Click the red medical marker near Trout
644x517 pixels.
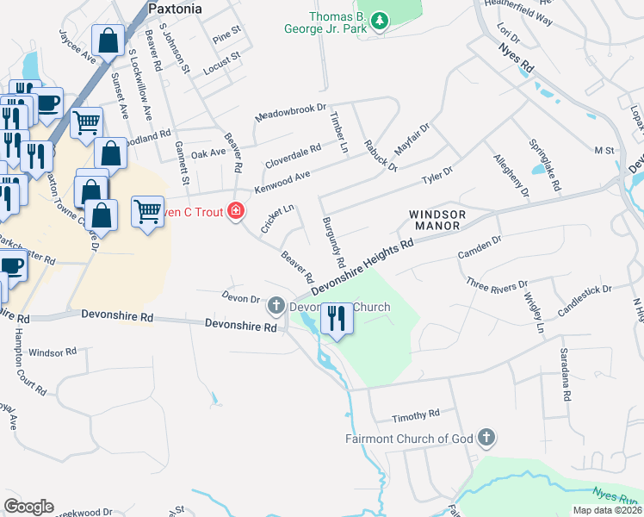[x=234, y=211]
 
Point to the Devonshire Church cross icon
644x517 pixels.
[x=276, y=304]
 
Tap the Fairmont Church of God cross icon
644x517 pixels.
[x=487, y=438]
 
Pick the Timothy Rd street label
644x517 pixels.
[x=416, y=416]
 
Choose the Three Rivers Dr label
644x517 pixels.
[x=496, y=284]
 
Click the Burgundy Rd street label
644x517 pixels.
[x=334, y=241]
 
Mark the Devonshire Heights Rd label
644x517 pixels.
[x=362, y=267]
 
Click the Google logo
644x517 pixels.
[x=28, y=507]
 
